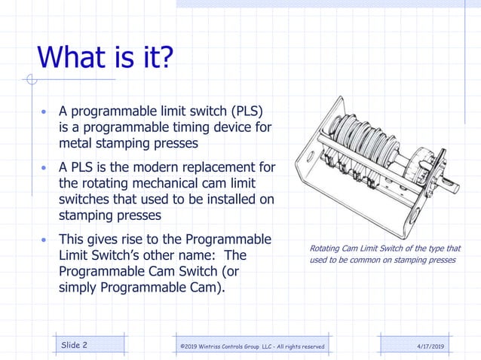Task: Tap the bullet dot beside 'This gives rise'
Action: pyautogui.click(x=44, y=240)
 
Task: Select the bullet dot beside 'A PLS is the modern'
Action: pyautogui.click(x=44, y=167)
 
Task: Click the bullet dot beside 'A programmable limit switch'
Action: pyautogui.click(x=44, y=113)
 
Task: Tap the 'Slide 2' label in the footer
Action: pyautogui.click(x=74, y=345)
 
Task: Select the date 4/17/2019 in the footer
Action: pyautogui.click(x=430, y=346)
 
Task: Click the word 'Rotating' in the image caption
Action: pyautogui.click(x=327, y=249)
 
